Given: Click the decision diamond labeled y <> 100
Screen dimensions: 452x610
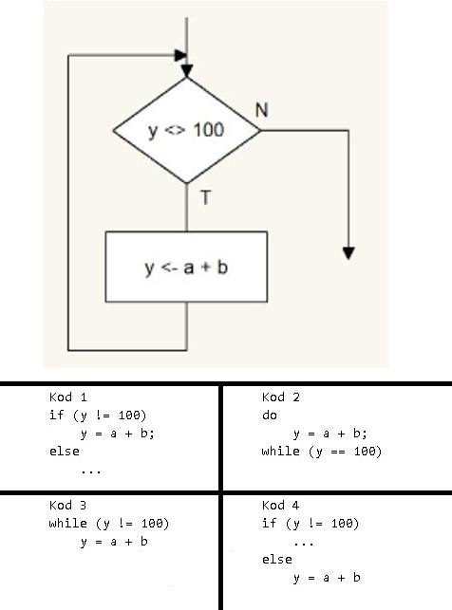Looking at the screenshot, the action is [x=186, y=130].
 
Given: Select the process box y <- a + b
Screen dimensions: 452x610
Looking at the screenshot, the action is [x=186, y=267].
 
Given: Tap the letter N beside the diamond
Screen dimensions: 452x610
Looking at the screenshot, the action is [x=262, y=110].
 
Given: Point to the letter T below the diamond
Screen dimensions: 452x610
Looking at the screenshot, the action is [x=205, y=197].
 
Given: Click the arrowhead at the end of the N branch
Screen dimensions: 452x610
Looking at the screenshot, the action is [x=348, y=253].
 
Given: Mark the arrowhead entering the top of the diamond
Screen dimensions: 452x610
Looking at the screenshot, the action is [x=187, y=71].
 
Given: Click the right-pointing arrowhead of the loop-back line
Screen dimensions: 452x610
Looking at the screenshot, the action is [x=180, y=55].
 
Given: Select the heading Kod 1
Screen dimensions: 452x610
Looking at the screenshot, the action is [x=68, y=397].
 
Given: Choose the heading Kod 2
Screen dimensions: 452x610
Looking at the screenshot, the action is [x=281, y=397].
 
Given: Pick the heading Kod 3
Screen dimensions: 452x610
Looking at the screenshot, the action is [x=68, y=506].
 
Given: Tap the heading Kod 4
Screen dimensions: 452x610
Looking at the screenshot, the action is [x=281, y=506].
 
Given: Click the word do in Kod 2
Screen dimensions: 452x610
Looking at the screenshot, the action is [x=270, y=416].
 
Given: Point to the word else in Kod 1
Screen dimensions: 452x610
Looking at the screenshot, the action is [x=65, y=452].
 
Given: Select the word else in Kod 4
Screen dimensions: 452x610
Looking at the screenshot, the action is [x=277, y=560].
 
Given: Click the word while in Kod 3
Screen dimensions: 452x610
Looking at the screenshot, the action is [x=68, y=524].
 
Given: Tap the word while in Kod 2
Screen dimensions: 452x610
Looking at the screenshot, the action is [x=281, y=452].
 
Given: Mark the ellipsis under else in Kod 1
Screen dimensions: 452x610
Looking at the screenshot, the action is [x=91, y=471].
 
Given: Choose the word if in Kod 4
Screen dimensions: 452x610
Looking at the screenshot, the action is [x=270, y=524].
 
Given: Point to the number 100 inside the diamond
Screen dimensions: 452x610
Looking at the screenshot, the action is [x=209, y=130].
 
